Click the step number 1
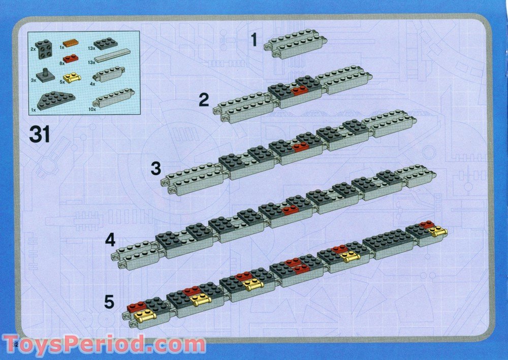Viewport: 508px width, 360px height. [254, 40]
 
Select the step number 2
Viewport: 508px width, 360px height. [204, 100]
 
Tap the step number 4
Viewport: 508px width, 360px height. [110, 240]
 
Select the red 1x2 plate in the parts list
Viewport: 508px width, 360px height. [71, 60]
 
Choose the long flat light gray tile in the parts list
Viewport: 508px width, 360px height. [112, 58]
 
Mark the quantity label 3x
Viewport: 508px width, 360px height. [33, 80]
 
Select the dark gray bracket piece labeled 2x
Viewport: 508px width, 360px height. [44, 48]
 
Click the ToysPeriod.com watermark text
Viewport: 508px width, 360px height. [104, 345]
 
